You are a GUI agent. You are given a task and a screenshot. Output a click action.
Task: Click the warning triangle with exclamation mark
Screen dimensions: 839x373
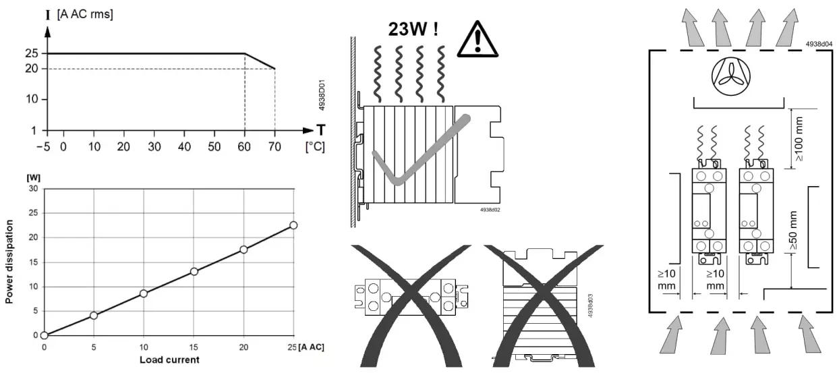[478, 39]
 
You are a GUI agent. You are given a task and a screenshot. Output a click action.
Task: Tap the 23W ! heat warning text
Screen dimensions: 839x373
[413, 29]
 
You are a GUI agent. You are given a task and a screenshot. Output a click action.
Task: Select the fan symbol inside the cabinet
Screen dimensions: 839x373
[731, 76]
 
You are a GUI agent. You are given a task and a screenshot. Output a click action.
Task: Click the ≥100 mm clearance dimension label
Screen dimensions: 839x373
[799, 139]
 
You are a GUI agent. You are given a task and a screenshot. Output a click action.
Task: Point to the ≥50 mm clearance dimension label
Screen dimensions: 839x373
[793, 230]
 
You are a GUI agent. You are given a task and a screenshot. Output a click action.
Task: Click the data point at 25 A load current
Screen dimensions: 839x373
[293, 225]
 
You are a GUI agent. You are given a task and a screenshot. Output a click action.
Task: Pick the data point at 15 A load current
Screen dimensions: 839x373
[194, 272]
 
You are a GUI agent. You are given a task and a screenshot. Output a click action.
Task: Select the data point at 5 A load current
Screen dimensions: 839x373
[94, 316]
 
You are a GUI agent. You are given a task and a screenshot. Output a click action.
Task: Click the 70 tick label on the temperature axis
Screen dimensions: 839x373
[274, 147]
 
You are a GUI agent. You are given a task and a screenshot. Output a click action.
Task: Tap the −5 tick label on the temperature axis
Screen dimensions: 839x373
[43, 147]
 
